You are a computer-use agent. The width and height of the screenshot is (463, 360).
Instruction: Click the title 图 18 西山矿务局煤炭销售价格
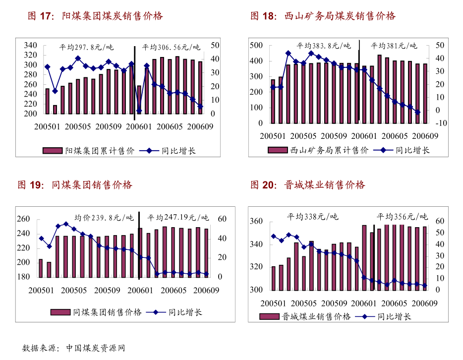(323, 16)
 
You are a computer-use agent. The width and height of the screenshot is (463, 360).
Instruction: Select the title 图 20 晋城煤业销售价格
(308, 185)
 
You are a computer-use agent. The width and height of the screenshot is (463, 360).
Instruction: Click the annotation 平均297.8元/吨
(86, 48)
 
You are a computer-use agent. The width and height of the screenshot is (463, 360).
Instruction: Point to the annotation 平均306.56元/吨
(171, 48)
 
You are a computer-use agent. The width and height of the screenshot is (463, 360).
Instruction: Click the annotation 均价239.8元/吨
(104, 217)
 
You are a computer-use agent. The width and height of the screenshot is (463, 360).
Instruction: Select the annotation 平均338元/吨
(312, 216)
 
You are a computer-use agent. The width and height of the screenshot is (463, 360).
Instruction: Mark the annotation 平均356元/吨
(402, 216)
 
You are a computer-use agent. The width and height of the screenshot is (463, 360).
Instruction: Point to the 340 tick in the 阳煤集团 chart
(31, 45)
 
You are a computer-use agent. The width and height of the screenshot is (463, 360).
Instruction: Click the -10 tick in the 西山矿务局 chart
(440, 123)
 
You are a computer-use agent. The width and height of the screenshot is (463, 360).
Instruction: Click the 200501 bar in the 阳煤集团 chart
(47, 101)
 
